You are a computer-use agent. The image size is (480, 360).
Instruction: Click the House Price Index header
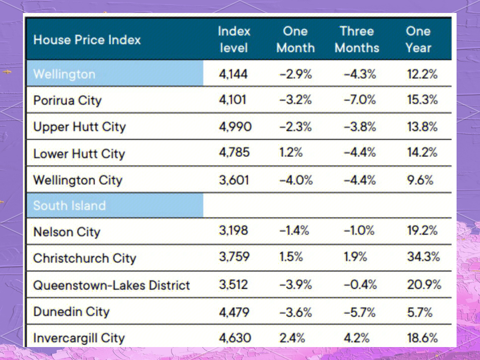(x=87, y=40)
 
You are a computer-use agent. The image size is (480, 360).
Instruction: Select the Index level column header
(x=233, y=39)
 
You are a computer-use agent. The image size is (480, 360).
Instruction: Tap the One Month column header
(x=295, y=39)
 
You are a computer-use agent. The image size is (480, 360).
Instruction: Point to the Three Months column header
(x=357, y=39)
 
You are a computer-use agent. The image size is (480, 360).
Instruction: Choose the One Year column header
(x=418, y=39)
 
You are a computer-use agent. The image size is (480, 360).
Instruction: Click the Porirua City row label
(x=67, y=101)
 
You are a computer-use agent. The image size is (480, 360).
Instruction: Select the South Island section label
(x=69, y=206)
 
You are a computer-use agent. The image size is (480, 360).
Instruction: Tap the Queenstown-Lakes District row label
(x=111, y=285)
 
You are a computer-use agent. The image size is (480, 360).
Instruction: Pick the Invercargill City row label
(x=78, y=339)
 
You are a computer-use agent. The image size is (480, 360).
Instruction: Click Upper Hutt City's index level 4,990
(x=235, y=127)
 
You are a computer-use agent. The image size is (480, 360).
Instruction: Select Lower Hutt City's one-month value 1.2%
(x=291, y=153)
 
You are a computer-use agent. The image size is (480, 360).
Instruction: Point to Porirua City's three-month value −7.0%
(x=359, y=100)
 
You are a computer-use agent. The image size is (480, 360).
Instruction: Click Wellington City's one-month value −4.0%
(x=296, y=180)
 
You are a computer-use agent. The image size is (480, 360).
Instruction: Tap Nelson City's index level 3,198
(x=233, y=231)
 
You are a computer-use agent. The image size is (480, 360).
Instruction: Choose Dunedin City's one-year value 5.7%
(x=420, y=312)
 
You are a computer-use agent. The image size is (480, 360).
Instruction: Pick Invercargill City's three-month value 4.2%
(x=356, y=338)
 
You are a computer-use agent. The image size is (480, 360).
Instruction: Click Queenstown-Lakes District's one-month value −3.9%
(x=295, y=285)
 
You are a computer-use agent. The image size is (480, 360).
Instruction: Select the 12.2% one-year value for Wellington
(x=422, y=74)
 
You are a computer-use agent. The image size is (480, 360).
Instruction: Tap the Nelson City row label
(x=66, y=232)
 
